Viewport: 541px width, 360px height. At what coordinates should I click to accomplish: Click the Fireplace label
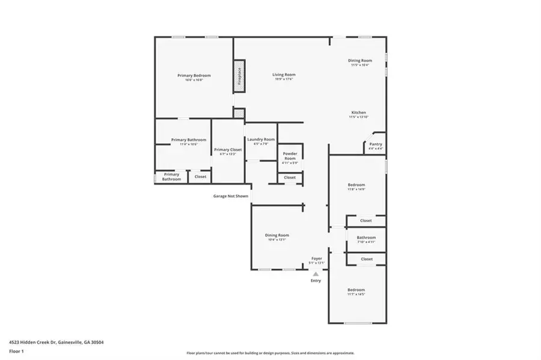[x=239, y=77]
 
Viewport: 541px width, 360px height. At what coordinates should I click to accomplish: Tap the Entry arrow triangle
[x=316, y=274]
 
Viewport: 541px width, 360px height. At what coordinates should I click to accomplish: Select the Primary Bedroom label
[x=194, y=75]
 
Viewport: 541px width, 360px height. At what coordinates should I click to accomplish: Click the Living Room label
[x=284, y=75]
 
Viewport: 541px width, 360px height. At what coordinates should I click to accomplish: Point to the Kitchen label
[x=358, y=112]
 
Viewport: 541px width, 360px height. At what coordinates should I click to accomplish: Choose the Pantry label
[x=375, y=144]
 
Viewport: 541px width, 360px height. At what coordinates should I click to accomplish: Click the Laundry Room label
[x=261, y=139]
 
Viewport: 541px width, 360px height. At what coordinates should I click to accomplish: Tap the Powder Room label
[x=290, y=156]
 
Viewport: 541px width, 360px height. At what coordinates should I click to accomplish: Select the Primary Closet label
[x=228, y=150]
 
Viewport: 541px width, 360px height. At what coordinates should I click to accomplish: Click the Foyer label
[x=316, y=258]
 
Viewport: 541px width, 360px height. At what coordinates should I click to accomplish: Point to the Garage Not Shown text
[x=231, y=196]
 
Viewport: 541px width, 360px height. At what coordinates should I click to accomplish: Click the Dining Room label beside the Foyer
[x=278, y=235]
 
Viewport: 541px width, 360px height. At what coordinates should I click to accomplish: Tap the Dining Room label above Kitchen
[x=361, y=60]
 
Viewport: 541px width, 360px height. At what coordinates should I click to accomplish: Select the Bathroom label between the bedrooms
[x=366, y=237]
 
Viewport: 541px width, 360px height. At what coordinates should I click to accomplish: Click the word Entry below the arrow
[x=316, y=281]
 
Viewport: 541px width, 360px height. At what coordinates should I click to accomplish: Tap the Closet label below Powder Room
[x=290, y=177]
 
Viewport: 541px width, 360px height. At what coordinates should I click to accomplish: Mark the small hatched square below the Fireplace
[x=239, y=112]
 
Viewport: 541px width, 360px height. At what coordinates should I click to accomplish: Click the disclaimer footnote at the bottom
[x=270, y=353]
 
